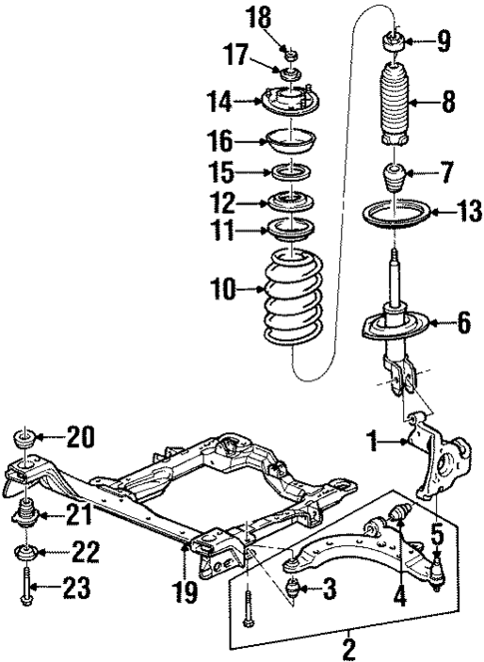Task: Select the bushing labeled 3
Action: [x=293, y=588]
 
